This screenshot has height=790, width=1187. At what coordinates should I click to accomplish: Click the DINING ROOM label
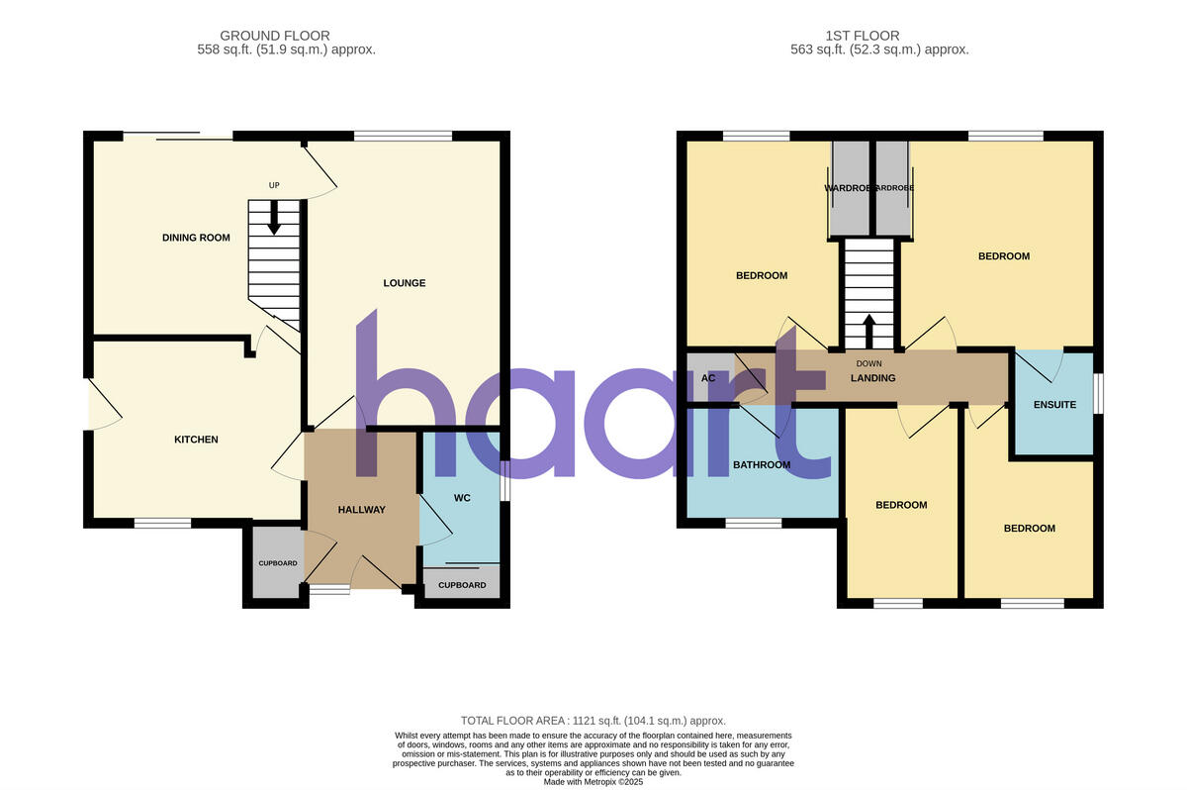196,238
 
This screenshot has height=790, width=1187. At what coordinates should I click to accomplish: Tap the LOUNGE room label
404,283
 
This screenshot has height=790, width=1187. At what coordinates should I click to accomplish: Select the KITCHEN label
196,440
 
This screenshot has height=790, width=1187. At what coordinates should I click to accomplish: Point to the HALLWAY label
361,510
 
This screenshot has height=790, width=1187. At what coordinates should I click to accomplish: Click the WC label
461,497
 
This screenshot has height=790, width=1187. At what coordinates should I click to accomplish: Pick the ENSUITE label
1054,404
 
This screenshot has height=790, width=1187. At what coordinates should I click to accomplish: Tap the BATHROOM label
761,464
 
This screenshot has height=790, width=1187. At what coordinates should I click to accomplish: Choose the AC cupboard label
708,378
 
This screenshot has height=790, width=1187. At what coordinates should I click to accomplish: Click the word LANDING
872,378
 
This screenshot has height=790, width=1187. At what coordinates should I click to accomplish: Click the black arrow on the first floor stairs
869,331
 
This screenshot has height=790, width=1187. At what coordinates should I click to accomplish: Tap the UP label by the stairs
275,185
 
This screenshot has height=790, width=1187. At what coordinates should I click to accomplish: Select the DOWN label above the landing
868,364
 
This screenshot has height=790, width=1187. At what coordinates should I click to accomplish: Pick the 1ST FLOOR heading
867,36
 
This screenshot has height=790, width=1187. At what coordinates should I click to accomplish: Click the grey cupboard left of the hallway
277,562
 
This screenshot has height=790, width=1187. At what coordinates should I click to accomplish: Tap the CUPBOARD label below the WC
462,585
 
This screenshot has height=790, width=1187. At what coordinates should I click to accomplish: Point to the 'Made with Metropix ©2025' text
593,781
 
